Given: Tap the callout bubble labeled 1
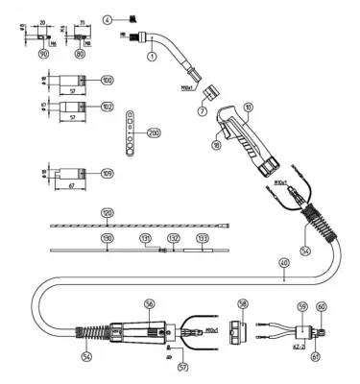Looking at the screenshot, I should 151,58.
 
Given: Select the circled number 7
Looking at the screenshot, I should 202,112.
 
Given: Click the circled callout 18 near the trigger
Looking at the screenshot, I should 215,145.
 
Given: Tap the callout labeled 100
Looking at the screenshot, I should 106,80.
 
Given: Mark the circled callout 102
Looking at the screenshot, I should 106,106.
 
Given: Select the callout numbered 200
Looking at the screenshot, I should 154,132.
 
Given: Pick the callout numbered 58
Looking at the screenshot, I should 243,303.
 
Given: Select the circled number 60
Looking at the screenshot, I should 321,308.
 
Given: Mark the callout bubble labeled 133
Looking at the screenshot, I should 202,237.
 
